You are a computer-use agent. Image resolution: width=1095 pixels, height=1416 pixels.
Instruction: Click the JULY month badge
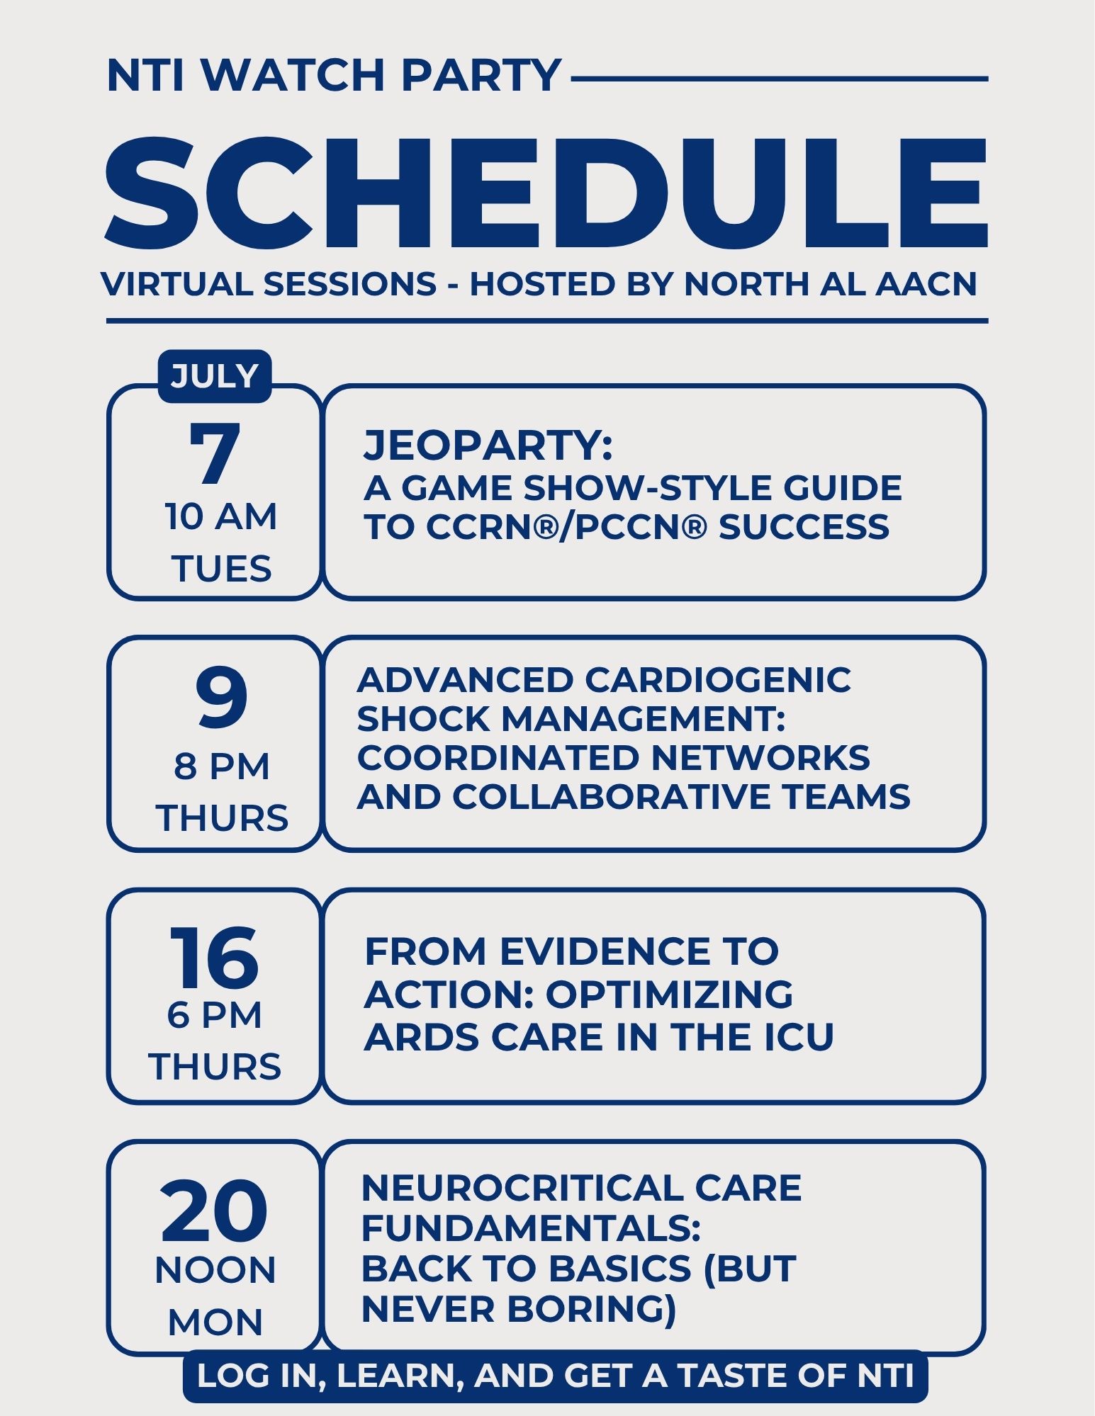click(215, 376)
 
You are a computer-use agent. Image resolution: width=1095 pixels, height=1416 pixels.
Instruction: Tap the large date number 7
click(214, 454)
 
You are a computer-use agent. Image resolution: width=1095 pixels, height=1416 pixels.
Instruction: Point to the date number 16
click(214, 957)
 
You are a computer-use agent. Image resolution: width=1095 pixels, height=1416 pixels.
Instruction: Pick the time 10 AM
click(221, 516)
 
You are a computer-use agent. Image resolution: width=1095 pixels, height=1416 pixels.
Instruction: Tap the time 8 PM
click(222, 766)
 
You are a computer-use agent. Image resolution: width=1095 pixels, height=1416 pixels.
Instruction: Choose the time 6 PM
click(215, 1015)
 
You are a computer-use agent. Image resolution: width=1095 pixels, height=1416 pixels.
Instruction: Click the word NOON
click(215, 1270)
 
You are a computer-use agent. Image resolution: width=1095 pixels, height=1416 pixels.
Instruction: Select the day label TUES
click(221, 569)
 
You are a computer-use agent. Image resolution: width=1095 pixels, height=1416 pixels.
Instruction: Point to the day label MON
click(215, 1322)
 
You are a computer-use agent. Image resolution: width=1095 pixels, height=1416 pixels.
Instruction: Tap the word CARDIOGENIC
click(718, 680)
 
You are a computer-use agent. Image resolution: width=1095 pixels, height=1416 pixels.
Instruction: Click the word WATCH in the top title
click(293, 75)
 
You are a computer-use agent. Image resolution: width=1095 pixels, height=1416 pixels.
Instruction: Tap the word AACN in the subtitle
click(926, 284)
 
